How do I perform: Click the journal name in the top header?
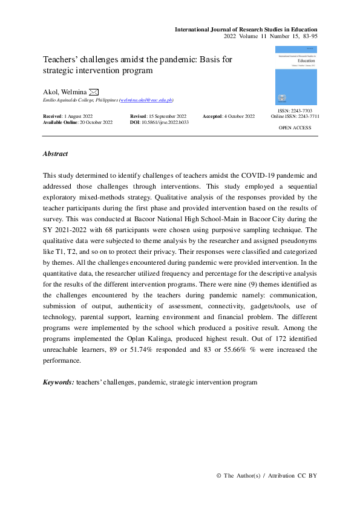point(246,29)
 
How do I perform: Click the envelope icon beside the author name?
point(94,91)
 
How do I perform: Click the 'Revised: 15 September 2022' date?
point(158,115)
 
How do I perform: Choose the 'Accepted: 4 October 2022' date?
point(228,115)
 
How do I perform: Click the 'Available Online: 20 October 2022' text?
point(77,122)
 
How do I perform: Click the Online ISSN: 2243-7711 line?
point(295,117)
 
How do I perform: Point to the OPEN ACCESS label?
point(296,129)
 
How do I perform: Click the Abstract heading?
point(55,154)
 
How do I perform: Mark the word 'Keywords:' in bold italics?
point(59,383)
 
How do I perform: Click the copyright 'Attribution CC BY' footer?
point(267,475)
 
